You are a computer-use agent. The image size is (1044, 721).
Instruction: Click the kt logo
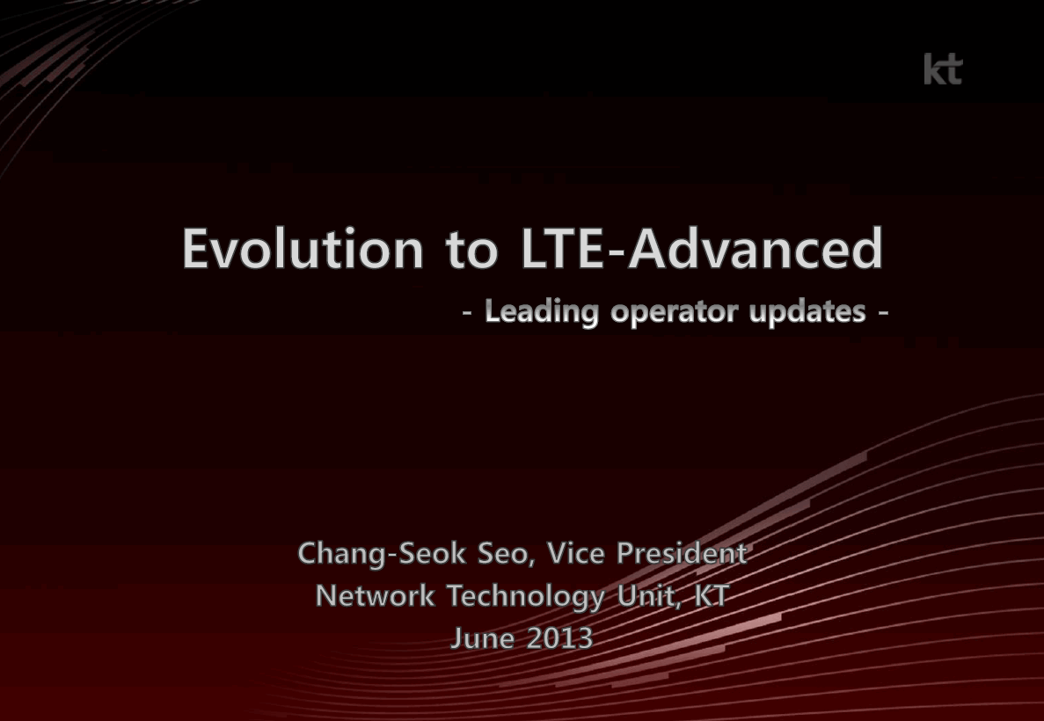tap(943, 69)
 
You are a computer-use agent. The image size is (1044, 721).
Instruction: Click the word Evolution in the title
tap(303, 248)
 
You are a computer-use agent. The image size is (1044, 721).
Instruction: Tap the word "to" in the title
tap(471, 250)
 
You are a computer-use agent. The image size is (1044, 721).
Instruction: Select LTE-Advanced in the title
tap(702, 248)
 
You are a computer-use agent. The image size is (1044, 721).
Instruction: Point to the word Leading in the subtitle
tap(541, 312)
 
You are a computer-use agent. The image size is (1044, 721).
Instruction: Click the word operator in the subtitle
tap(674, 312)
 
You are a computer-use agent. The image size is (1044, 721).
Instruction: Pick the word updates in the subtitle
tap(807, 312)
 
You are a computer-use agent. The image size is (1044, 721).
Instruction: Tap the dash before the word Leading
tap(467, 312)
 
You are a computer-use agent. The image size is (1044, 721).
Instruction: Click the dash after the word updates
tap(883, 312)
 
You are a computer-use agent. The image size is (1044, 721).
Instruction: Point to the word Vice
tap(575, 553)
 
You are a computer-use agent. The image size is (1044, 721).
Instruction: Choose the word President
tap(682, 553)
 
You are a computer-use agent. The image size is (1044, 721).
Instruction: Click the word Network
tap(375, 596)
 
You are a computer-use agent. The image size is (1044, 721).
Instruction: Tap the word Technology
tap(525, 596)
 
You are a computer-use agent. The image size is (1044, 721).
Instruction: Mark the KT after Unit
tap(712, 596)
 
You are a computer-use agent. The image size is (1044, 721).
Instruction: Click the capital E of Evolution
tap(197, 248)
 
